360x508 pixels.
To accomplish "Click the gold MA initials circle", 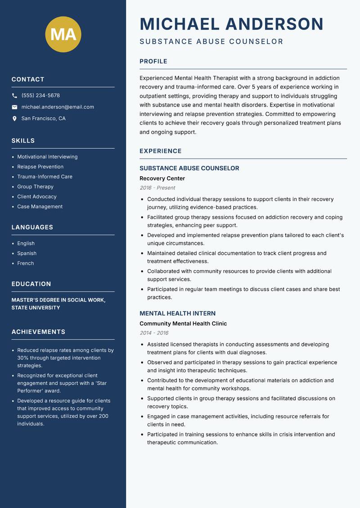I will point(63,34).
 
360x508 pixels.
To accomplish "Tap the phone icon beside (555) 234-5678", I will point(14,96).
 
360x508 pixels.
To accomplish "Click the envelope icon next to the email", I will point(14,107).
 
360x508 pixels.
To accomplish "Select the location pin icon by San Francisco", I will point(14,119).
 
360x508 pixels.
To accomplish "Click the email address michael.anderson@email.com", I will point(58,107).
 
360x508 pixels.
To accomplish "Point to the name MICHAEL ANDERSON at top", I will point(231,24).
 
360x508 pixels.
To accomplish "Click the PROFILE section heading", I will point(153,62).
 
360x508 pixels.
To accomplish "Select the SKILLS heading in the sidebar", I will point(23,141).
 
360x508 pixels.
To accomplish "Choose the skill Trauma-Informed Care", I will point(45,177).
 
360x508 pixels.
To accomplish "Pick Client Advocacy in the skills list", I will point(37,196).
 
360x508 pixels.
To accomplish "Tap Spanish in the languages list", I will point(27,253).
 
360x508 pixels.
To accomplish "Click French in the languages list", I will point(25,263).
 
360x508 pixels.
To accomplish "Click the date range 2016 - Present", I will point(157,188).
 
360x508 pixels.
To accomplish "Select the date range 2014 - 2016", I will point(154,333).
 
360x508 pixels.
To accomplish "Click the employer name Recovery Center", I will point(162,178).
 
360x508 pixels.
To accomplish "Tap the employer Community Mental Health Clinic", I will point(183,324).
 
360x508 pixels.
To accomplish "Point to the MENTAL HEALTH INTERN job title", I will point(177,313).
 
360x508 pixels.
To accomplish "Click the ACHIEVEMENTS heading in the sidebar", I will point(38,332).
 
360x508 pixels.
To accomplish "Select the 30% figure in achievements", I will point(22,358).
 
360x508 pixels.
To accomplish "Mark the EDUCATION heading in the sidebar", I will point(31,284).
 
